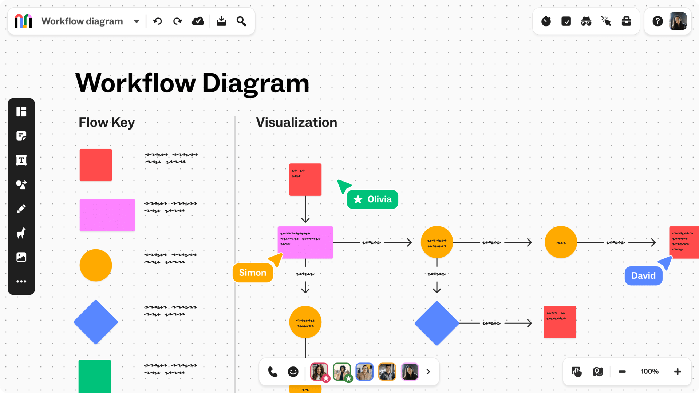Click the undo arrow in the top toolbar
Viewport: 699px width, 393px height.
coord(157,21)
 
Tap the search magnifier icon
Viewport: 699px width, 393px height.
coord(241,21)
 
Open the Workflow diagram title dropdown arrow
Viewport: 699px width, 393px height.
coord(137,21)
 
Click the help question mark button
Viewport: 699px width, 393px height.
coord(657,21)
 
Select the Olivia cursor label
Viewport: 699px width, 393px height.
coord(372,199)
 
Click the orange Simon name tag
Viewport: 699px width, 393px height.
coord(253,273)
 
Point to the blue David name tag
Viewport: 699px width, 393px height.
coord(643,276)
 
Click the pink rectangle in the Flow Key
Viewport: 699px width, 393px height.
coord(107,215)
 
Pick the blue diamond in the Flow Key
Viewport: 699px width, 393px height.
coord(96,322)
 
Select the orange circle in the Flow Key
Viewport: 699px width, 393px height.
coord(96,265)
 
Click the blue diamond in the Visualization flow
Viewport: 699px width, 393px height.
coord(437,323)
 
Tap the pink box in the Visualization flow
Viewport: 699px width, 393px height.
coord(305,242)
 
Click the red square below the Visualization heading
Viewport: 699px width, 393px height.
coord(305,180)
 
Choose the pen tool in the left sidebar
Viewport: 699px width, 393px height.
coord(21,209)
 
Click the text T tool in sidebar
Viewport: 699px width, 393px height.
coord(21,160)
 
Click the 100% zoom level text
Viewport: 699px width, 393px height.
coord(649,372)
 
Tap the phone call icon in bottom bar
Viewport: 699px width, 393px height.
coord(273,372)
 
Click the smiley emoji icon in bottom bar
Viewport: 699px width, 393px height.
coord(293,372)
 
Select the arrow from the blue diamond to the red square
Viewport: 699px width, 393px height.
coord(517,323)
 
